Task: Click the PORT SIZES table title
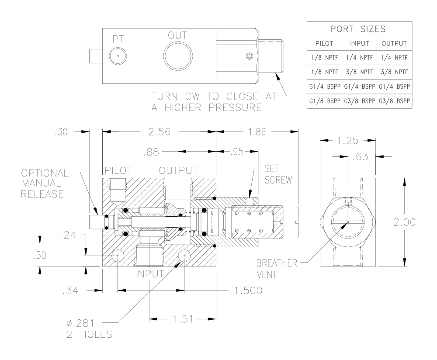[x=358, y=29]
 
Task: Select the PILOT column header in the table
[x=324, y=43]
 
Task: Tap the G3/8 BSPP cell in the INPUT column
[x=360, y=100]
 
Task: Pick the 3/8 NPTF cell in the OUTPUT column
[x=394, y=72]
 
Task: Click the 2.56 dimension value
[x=159, y=132]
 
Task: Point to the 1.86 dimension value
[x=257, y=132]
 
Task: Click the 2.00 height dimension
[x=404, y=222]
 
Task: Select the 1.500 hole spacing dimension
[x=248, y=291]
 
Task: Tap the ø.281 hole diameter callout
[x=80, y=323]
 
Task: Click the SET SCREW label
[x=278, y=174]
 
